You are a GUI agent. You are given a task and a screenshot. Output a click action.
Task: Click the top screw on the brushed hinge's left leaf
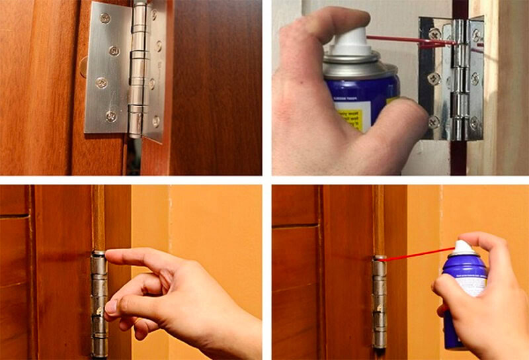[105, 18]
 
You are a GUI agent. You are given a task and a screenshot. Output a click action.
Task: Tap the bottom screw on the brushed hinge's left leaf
[110, 116]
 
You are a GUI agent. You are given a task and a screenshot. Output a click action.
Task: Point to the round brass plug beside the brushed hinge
[83, 66]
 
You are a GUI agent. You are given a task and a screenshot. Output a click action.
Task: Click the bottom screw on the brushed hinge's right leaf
[155, 121]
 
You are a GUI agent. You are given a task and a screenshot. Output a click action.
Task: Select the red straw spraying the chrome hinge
[410, 42]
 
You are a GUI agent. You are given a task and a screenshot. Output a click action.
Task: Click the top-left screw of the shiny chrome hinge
[434, 33]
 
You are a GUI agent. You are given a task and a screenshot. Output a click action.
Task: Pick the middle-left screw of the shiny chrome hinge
[434, 78]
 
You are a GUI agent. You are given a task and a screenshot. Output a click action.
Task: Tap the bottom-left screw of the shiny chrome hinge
[434, 122]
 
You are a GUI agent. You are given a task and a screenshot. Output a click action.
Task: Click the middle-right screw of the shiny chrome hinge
[474, 79]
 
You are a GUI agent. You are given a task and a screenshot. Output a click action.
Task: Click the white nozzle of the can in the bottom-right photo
[462, 247]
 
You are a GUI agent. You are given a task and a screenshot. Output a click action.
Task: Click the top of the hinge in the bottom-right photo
[380, 257]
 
